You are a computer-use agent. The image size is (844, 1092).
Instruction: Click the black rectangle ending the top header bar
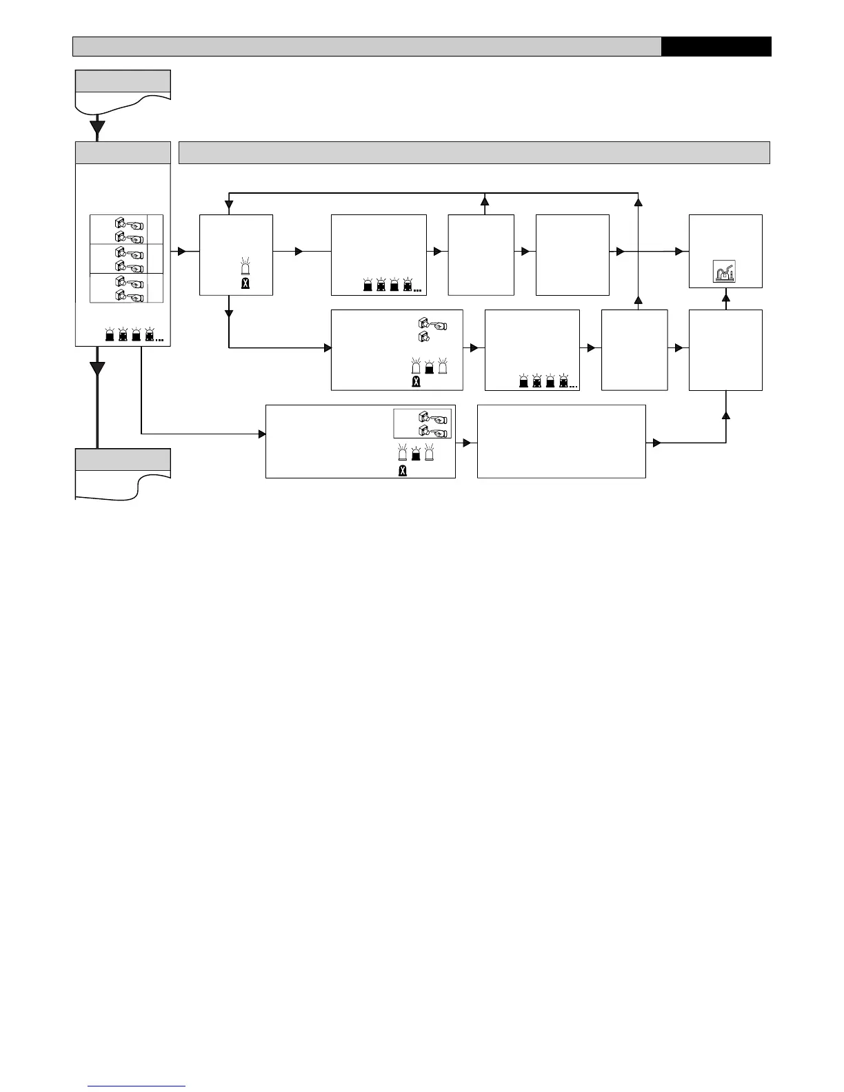tap(716, 46)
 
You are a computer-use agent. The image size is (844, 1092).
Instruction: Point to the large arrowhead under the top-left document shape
tap(97, 127)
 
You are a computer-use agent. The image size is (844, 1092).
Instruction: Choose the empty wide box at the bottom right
tap(561, 441)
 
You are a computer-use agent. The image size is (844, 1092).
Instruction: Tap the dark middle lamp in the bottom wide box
tap(416, 454)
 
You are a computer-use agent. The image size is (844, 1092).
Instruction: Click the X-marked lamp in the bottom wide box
tap(403, 471)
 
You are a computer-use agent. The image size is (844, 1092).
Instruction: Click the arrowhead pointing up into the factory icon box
tap(725, 298)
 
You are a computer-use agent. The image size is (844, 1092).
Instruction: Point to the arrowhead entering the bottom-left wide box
tap(261, 434)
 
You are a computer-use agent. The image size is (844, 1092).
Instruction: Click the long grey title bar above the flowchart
tap(474, 152)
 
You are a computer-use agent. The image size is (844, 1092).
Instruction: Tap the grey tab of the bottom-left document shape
tap(123, 459)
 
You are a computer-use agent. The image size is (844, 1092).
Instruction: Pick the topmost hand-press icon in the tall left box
tap(129, 223)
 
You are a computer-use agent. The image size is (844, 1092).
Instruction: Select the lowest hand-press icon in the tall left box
tap(129, 295)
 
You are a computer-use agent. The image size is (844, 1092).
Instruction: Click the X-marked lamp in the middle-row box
tap(416, 381)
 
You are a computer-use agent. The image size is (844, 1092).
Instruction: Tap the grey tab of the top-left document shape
tap(123, 81)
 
